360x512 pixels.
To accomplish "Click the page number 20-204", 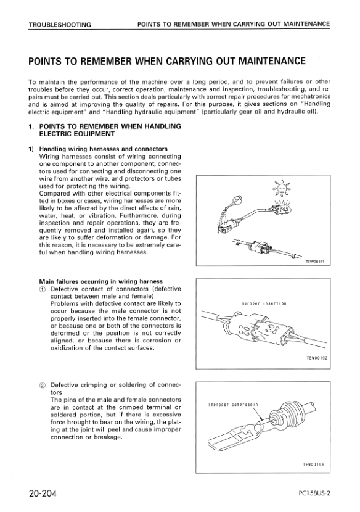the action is coord(43,493).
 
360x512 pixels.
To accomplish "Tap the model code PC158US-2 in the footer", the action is coord(314,493).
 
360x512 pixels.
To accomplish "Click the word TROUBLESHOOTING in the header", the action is coord(60,25).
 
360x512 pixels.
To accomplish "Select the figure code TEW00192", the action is coord(317,358).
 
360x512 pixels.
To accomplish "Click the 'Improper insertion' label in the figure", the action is coord(263,303).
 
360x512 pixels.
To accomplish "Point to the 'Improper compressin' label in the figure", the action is coord(234,405).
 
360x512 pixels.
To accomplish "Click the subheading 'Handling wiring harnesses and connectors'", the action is coord(104,149).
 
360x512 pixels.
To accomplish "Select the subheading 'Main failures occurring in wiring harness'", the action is coord(101,281).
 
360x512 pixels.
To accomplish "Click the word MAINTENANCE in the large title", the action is coord(272,61).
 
